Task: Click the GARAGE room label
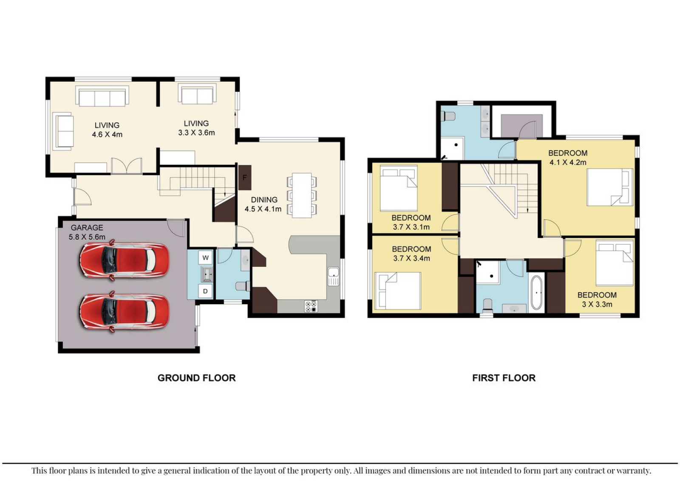[x=87, y=228]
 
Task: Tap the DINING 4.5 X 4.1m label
[x=263, y=204]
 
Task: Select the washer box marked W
[x=206, y=258]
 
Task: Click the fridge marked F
[x=245, y=178]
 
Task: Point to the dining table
[x=302, y=195]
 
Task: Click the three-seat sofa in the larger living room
[x=102, y=96]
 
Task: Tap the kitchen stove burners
[x=311, y=306]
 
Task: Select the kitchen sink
[x=333, y=277]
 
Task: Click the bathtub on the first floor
[x=537, y=292]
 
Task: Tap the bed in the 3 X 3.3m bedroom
[x=615, y=263]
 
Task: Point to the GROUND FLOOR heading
[x=197, y=378]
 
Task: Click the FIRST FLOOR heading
[x=504, y=378]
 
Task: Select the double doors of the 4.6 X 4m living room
[x=127, y=166]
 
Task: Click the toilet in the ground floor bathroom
[x=243, y=286]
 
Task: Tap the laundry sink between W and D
[x=207, y=274]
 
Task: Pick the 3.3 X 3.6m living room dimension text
[x=196, y=133]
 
